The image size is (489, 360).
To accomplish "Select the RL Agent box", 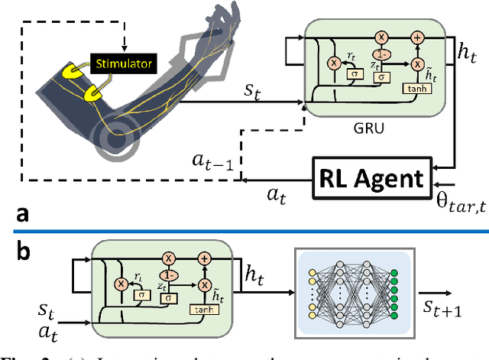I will click(370, 180).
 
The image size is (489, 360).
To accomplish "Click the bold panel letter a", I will click(12, 216).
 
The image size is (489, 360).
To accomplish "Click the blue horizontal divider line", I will click(244, 232).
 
